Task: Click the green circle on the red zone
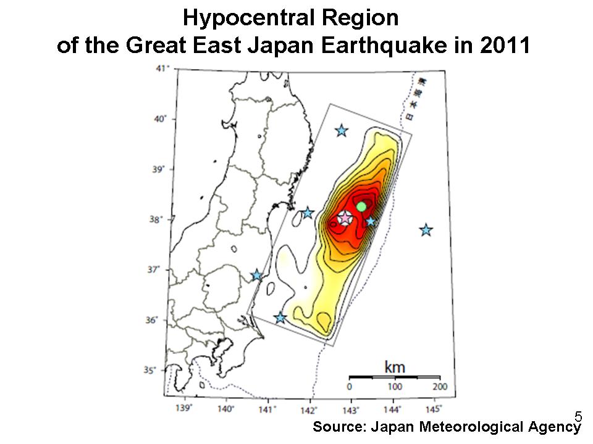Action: tap(361, 206)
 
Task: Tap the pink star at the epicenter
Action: tap(345, 218)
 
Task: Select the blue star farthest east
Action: tap(426, 230)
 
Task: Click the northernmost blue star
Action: tap(341, 131)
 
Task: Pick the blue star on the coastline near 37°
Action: tap(257, 275)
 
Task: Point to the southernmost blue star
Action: tap(280, 318)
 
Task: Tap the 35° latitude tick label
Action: tap(163, 370)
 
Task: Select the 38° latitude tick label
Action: tap(163, 219)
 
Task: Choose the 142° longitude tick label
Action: tap(309, 408)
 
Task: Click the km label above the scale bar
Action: tap(395, 367)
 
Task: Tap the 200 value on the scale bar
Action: tap(439, 387)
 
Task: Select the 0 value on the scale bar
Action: tap(350, 387)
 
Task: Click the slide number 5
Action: tap(578, 415)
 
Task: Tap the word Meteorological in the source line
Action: tap(466, 426)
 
